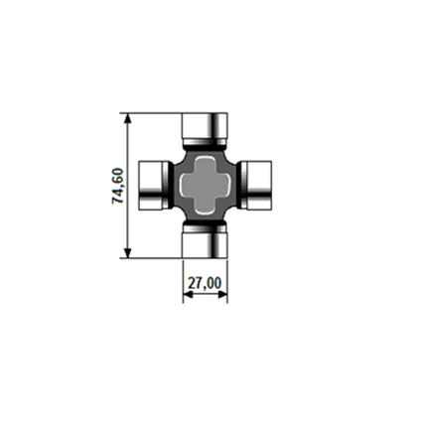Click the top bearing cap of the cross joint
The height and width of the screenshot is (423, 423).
point(206,127)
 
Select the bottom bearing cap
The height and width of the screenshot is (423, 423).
point(206,242)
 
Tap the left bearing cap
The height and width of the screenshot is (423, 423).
point(151,185)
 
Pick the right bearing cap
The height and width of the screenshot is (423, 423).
point(258,185)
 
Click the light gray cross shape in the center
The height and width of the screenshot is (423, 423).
point(206,185)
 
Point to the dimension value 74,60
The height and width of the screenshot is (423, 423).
point(118,186)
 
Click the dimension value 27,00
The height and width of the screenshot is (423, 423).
point(206,284)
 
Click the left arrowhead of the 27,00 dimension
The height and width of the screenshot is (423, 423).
point(188,296)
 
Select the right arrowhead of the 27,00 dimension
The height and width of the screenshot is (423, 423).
point(223,296)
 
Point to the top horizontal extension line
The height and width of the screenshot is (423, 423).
point(154,113)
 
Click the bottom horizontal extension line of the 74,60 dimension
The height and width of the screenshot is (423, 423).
point(154,257)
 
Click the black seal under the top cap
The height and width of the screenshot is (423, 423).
point(206,145)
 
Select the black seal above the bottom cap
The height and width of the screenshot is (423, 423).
point(206,225)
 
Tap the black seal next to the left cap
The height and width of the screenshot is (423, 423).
point(172,185)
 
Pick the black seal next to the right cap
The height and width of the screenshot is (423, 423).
point(239,185)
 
